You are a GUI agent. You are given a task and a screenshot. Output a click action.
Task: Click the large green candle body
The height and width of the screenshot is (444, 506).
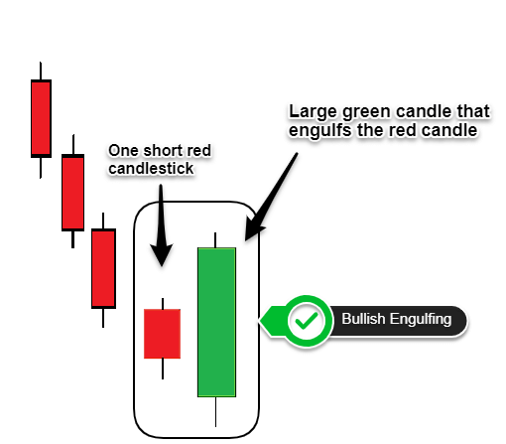click(x=216, y=322)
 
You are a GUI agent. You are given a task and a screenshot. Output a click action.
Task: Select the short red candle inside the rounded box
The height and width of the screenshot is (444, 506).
click(x=162, y=334)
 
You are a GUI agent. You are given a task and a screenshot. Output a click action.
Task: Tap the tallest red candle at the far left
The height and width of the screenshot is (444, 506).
click(x=41, y=118)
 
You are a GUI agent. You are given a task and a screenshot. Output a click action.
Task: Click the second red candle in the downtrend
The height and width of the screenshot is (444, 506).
click(x=72, y=192)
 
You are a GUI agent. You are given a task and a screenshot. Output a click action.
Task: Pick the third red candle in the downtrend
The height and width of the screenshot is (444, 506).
click(x=103, y=268)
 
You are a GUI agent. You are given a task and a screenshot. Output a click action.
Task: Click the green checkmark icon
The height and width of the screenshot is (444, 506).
click(x=307, y=321)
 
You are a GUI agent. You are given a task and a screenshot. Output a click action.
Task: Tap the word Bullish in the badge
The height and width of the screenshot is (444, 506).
click(x=363, y=319)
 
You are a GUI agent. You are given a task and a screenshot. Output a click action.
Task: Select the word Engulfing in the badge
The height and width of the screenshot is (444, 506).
click(x=421, y=320)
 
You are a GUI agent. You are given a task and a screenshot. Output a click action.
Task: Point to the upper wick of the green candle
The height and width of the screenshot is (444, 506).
click(x=215, y=240)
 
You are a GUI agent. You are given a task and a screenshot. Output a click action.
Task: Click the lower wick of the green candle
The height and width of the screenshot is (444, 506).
click(x=215, y=411)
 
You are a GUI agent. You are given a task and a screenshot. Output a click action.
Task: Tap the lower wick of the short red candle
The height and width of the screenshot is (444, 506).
click(x=163, y=369)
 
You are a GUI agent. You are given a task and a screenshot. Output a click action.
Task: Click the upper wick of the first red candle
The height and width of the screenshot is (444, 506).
click(x=41, y=71)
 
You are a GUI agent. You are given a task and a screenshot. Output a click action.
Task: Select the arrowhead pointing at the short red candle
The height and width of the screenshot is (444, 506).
click(x=162, y=254)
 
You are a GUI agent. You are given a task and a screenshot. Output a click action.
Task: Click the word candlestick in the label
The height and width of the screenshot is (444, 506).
click(x=151, y=168)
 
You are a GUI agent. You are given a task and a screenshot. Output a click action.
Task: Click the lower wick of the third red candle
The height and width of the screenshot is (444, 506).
click(x=103, y=318)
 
